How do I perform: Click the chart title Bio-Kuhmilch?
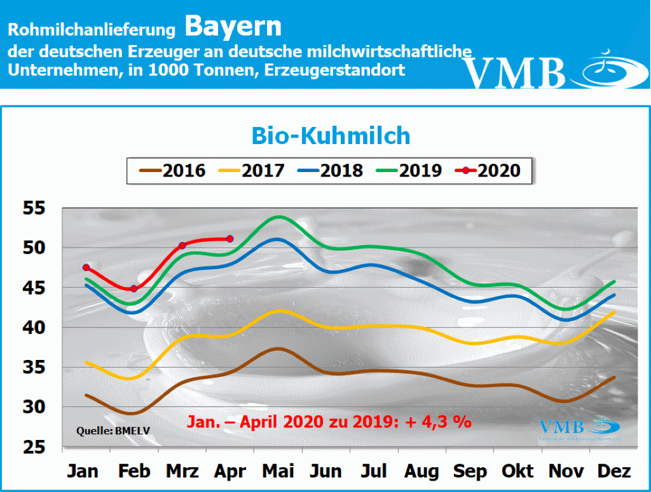[x=331, y=135]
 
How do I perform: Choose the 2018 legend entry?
[x=331, y=170]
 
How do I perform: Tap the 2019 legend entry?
[x=410, y=170]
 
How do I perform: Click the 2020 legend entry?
[x=489, y=170]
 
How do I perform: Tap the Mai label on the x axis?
[x=278, y=471]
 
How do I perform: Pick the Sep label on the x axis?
[x=470, y=471]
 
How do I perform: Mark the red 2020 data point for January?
[x=86, y=267]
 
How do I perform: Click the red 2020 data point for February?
[x=134, y=289]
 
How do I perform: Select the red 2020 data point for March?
[x=182, y=245]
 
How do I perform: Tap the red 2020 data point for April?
[x=230, y=239]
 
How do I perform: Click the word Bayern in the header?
[x=233, y=27]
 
